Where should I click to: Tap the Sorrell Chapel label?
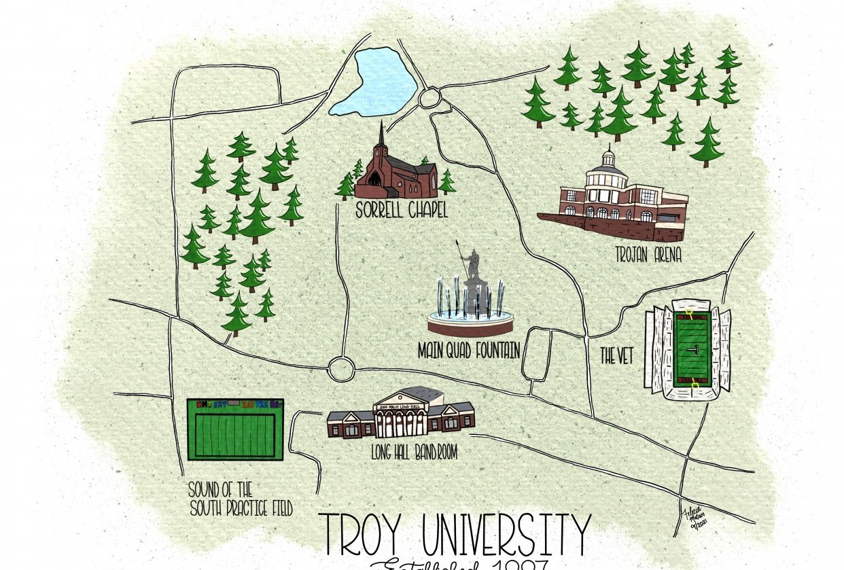point(402,211)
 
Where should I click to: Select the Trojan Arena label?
point(648,255)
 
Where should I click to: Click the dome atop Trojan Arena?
point(608,158)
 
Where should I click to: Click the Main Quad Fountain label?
point(469,351)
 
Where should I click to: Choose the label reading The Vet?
point(616,355)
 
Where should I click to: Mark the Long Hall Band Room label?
point(404,451)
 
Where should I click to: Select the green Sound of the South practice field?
point(235,433)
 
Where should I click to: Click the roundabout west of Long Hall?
point(341,369)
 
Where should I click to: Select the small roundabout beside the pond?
point(429,99)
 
